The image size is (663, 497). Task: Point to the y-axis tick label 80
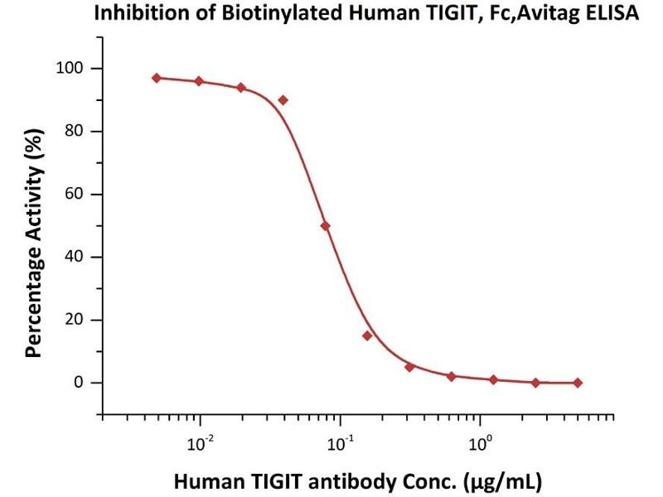point(77,131)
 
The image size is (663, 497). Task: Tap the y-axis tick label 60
point(77,194)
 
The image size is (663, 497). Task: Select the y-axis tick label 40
point(77,257)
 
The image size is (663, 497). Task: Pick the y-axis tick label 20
point(77,320)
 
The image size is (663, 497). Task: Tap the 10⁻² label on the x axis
point(200,443)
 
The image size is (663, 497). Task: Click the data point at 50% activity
point(325,225)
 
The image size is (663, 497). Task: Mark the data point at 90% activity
point(283,99)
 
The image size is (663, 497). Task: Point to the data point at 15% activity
point(367,335)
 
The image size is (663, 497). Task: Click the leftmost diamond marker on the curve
point(157,78)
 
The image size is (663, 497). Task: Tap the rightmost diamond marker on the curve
point(578,383)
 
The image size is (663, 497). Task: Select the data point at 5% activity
point(409,367)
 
